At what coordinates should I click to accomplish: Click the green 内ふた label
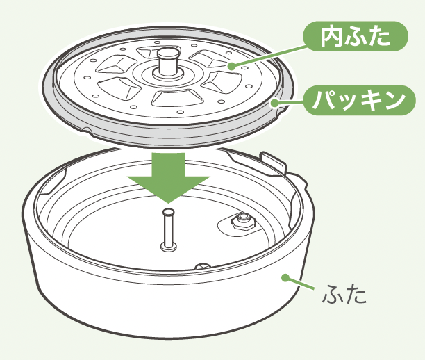(x=356, y=36)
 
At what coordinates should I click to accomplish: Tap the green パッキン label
(x=359, y=100)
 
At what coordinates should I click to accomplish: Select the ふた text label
(x=344, y=294)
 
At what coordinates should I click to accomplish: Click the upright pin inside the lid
(x=169, y=229)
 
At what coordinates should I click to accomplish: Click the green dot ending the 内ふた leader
(x=231, y=66)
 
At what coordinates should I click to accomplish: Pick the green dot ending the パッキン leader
(x=275, y=103)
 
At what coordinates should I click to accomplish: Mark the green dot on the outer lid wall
(x=285, y=277)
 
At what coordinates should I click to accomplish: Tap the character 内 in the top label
(x=329, y=37)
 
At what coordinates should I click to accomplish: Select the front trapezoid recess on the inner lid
(x=176, y=98)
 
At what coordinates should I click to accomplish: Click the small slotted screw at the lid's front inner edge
(x=204, y=265)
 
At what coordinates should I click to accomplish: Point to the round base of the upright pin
(x=169, y=246)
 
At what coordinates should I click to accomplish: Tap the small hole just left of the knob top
(x=157, y=42)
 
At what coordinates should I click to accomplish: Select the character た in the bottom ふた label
(x=356, y=294)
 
